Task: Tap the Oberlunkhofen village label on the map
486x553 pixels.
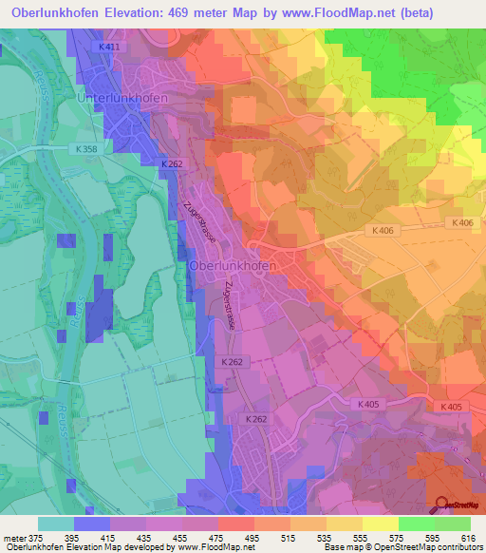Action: [x=234, y=266]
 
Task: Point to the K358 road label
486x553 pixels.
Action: [x=87, y=149]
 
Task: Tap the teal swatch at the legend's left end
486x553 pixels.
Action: [x=56, y=524]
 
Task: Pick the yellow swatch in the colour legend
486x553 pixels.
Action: [x=381, y=524]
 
